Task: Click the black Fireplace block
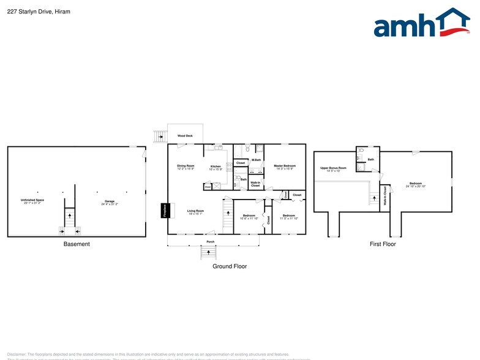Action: point(164,210)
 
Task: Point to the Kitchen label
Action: point(216,167)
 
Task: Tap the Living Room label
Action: point(195,212)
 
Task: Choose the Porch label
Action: point(209,241)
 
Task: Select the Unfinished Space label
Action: point(32,201)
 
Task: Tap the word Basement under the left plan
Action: point(77,244)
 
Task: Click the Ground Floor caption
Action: point(230,266)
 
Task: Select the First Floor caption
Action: point(382,244)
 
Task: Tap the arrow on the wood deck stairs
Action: point(161,136)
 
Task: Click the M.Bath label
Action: point(256,160)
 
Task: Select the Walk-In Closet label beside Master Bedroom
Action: point(255,184)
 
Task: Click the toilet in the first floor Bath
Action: point(362,150)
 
